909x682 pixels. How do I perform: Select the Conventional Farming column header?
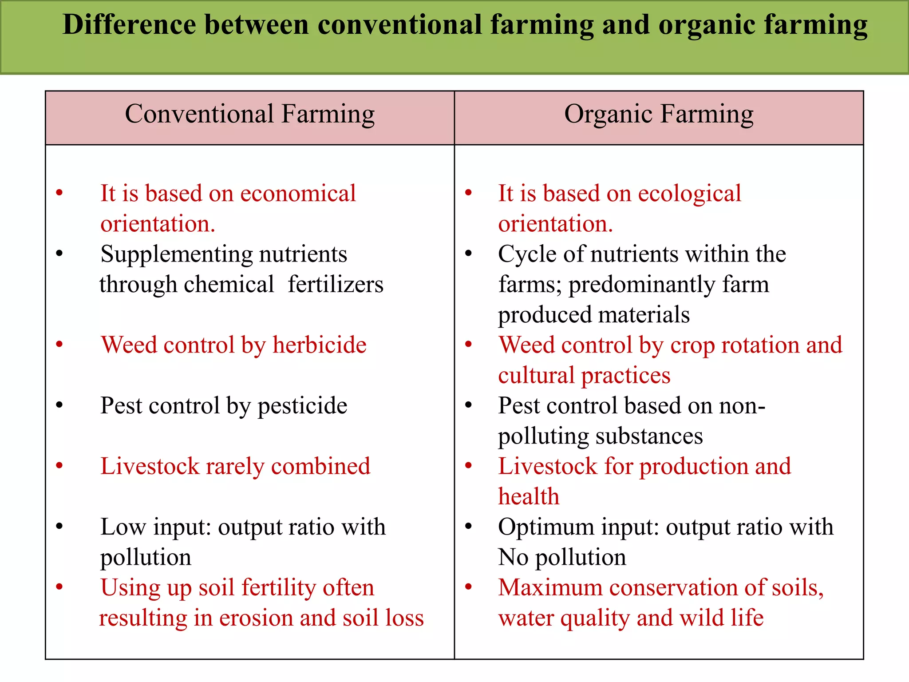(x=249, y=115)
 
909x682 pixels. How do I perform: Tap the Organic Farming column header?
(x=659, y=115)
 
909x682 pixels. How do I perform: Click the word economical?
(x=298, y=194)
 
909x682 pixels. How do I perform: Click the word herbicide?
(x=319, y=345)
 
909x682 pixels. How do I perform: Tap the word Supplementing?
(x=176, y=255)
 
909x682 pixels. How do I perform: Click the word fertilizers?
(x=336, y=284)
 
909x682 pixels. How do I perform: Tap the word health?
(x=528, y=496)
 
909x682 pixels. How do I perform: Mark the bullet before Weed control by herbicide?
(x=59, y=344)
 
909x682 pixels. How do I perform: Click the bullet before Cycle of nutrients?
(x=468, y=254)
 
